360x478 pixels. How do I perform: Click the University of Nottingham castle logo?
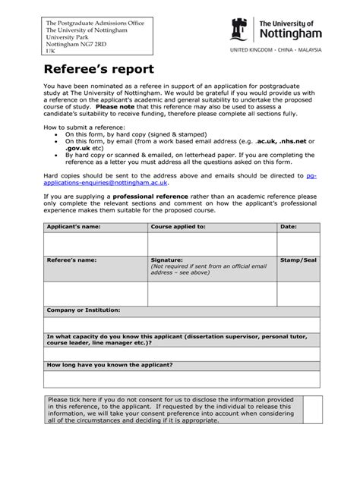coord(238,30)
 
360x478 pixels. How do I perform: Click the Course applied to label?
coord(178,227)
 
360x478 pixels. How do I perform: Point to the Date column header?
coord(289,227)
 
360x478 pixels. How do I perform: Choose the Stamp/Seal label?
coord(298,259)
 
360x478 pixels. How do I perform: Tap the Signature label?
coord(168,259)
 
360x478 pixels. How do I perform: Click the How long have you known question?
coord(110,365)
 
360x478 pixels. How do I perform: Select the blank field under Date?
coord(298,243)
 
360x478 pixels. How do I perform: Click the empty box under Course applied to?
coord(212,243)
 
